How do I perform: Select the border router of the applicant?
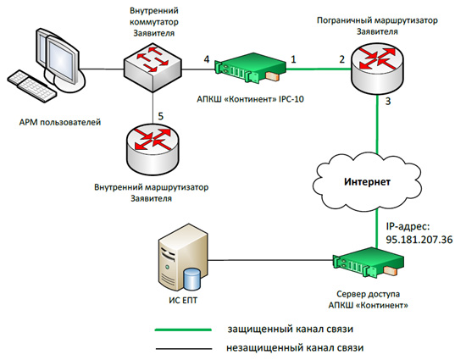[x=377, y=69]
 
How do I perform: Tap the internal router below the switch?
[x=153, y=151]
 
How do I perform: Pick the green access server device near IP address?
[x=369, y=263]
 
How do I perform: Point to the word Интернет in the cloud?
[x=367, y=182]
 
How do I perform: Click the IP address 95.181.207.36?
[x=419, y=240]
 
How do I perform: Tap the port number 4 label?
[x=207, y=59]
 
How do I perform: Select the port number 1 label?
[x=293, y=59]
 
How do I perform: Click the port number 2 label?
[x=342, y=59]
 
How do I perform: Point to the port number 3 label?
[x=388, y=102]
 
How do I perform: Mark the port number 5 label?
[x=160, y=116]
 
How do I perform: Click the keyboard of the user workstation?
[x=31, y=86]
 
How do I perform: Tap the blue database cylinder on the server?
[x=192, y=279]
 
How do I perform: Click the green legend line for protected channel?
[x=183, y=330]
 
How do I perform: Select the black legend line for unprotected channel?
[x=184, y=348]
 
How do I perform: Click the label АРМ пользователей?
[x=60, y=122]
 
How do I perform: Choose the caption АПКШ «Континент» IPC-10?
[x=250, y=99]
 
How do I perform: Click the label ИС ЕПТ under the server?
[x=183, y=301]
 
